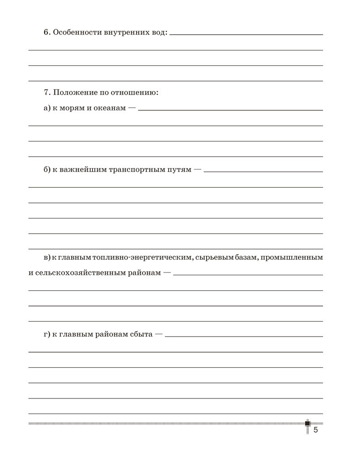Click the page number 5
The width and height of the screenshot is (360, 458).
tap(316, 430)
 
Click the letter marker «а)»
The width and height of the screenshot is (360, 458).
tap(47, 110)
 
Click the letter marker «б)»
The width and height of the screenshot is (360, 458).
tap(47, 170)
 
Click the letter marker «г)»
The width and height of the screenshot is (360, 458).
tap(47, 335)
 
